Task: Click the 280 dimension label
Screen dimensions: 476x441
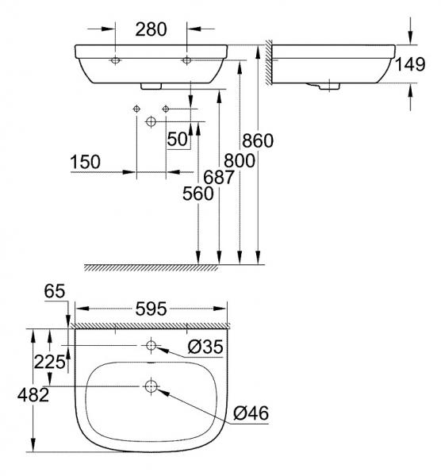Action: [x=150, y=30]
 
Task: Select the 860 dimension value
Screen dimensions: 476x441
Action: [x=258, y=140]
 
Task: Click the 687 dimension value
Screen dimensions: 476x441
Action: [x=219, y=178]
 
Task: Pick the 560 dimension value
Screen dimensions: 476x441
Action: [x=198, y=193]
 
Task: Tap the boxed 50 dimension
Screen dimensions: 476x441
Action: [x=177, y=139]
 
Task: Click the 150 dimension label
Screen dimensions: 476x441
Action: [x=85, y=162]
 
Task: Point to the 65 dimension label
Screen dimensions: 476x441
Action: [x=55, y=292]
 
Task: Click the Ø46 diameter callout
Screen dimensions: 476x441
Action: [x=251, y=413]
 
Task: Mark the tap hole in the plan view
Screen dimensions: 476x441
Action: [x=151, y=346]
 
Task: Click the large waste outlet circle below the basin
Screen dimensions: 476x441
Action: [x=151, y=121]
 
